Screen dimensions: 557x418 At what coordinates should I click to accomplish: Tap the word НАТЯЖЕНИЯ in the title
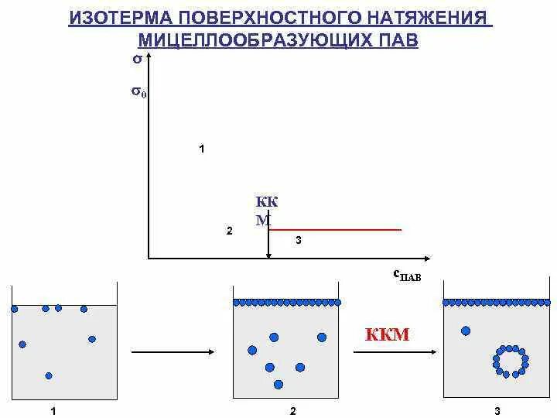[x=427, y=17]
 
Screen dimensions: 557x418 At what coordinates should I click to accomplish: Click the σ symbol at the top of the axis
[x=137, y=58]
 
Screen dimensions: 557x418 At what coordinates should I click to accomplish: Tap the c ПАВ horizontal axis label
[x=407, y=274]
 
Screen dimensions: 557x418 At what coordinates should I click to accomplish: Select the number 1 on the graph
[x=202, y=149]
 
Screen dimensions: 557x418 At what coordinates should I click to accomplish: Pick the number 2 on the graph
[x=229, y=231]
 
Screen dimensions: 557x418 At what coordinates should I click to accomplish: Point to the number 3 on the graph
[x=299, y=241]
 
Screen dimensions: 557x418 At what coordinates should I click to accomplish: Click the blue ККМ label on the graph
[x=266, y=211]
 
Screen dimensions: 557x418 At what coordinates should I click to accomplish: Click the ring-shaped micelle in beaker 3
[x=511, y=361]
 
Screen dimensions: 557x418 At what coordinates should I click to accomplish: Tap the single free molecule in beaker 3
[x=466, y=331]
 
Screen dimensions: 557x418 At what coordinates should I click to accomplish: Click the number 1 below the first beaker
[x=53, y=411]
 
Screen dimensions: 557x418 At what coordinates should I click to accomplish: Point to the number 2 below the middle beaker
[x=292, y=411]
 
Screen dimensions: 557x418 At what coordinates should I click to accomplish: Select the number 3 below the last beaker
[x=497, y=411]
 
